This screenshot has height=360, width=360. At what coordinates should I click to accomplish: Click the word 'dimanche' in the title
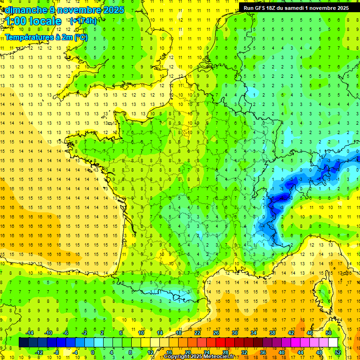click(21, 10)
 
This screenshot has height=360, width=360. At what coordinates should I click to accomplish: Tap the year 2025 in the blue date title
click(112, 10)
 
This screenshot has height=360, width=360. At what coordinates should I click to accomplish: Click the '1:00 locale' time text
click(33, 21)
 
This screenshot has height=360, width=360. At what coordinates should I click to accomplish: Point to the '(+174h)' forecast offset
click(83, 21)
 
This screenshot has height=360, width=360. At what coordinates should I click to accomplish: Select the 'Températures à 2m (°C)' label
click(46, 37)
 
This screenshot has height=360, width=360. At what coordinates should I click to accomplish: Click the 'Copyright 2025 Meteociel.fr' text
click(199, 357)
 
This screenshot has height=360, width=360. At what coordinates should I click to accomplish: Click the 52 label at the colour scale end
click(338, 352)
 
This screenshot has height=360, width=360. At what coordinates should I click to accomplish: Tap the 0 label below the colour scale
click(93, 352)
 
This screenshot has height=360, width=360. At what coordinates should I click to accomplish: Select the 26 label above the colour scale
click(216, 333)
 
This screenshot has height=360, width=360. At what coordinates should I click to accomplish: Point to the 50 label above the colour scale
click(329, 333)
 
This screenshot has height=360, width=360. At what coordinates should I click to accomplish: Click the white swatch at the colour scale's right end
click(333, 342)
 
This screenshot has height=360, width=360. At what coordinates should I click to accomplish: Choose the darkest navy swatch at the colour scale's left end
click(24, 342)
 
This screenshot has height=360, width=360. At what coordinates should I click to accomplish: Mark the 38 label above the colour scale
click(272, 333)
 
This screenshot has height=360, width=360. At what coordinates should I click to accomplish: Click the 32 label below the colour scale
click(244, 352)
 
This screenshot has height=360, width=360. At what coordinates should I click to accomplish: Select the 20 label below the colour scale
click(188, 352)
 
